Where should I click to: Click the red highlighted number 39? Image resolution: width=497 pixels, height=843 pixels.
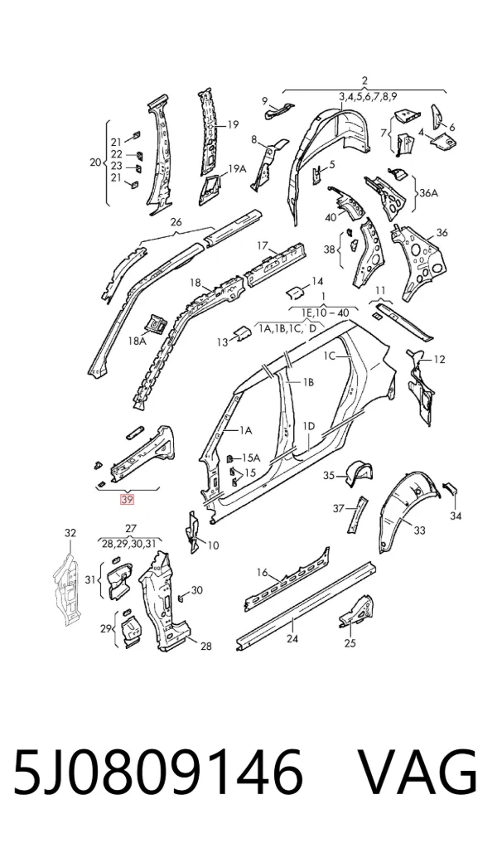coord(128,500)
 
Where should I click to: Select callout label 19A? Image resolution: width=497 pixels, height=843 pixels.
coord(237,168)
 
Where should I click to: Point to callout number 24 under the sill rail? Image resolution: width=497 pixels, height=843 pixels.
coord(292,638)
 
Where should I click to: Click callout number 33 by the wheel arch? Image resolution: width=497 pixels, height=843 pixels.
coord(420,531)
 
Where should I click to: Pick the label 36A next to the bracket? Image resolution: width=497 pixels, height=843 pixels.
coord(428,193)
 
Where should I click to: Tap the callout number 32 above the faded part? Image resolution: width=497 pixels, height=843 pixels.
coord(70,533)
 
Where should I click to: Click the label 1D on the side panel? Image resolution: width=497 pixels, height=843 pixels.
coord(309,426)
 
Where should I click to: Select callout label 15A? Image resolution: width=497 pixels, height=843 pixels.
coord(251,458)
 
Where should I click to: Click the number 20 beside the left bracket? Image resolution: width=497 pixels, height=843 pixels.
coord(95,162)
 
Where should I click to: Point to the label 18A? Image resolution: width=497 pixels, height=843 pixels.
coord(137,341)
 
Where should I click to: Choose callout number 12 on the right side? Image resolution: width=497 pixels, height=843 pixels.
coord(439,359)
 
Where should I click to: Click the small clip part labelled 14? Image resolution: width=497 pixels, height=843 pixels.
coord(294,293)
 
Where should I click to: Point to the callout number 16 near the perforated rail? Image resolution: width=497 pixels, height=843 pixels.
coord(262,572)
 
